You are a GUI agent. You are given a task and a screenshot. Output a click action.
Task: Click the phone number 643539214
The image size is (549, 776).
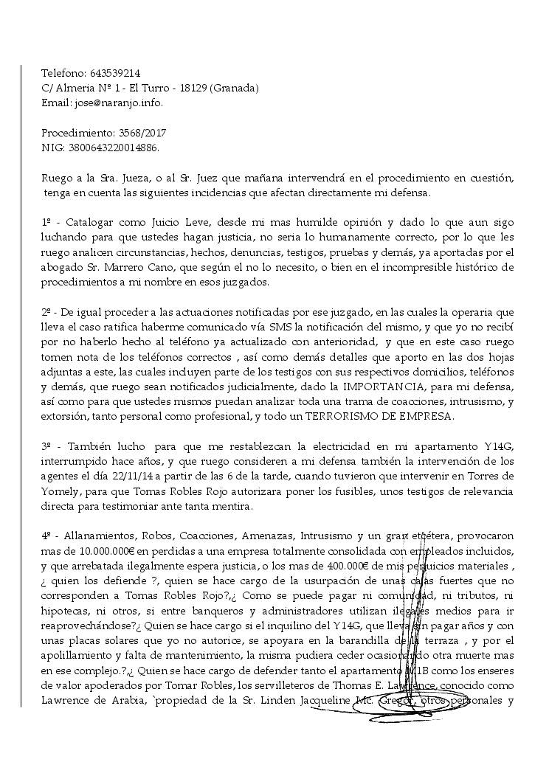(x=115, y=73)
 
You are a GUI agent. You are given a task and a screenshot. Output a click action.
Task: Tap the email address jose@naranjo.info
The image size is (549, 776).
(x=118, y=103)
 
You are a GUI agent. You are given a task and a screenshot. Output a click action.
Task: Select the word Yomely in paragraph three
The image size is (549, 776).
(x=60, y=491)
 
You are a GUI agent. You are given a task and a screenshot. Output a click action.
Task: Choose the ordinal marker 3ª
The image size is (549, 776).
(x=46, y=446)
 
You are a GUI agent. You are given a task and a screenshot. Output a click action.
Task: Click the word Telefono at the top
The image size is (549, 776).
(x=63, y=73)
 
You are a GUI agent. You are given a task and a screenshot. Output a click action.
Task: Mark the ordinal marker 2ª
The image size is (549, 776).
(x=46, y=312)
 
